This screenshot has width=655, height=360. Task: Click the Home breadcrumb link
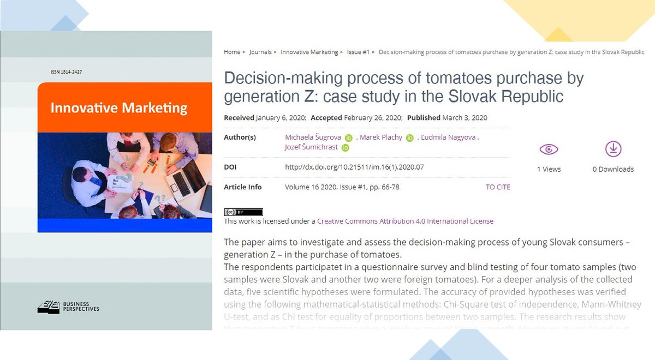pyautogui.click(x=232, y=52)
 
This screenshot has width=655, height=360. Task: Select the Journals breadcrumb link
pyautogui.click(x=260, y=52)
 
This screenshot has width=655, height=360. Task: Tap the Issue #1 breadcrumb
pyautogui.click(x=358, y=52)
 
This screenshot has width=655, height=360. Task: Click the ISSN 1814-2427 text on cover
pyautogui.click(x=65, y=72)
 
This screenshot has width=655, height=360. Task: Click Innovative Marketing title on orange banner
pyautogui.click(x=118, y=107)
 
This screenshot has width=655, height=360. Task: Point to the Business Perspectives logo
pyautogui.click(x=68, y=307)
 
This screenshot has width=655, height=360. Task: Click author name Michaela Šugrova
pyautogui.click(x=313, y=137)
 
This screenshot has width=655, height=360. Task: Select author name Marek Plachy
pyautogui.click(x=381, y=137)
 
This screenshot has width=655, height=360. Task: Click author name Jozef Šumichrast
pyautogui.click(x=311, y=147)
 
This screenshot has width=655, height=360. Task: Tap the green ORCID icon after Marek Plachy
pyautogui.click(x=410, y=138)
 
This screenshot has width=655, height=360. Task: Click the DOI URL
pyautogui.click(x=354, y=167)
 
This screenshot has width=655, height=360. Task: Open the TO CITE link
pyautogui.click(x=498, y=187)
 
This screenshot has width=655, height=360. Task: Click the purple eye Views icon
pyautogui.click(x=549, y=149)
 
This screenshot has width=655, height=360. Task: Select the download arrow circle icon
pyautogui.click(x=614, y=149)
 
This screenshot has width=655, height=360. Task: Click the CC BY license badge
pyautogui.click(x=243, y=212)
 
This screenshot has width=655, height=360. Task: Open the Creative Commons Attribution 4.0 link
pyautogui.click(x=405, y=221)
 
